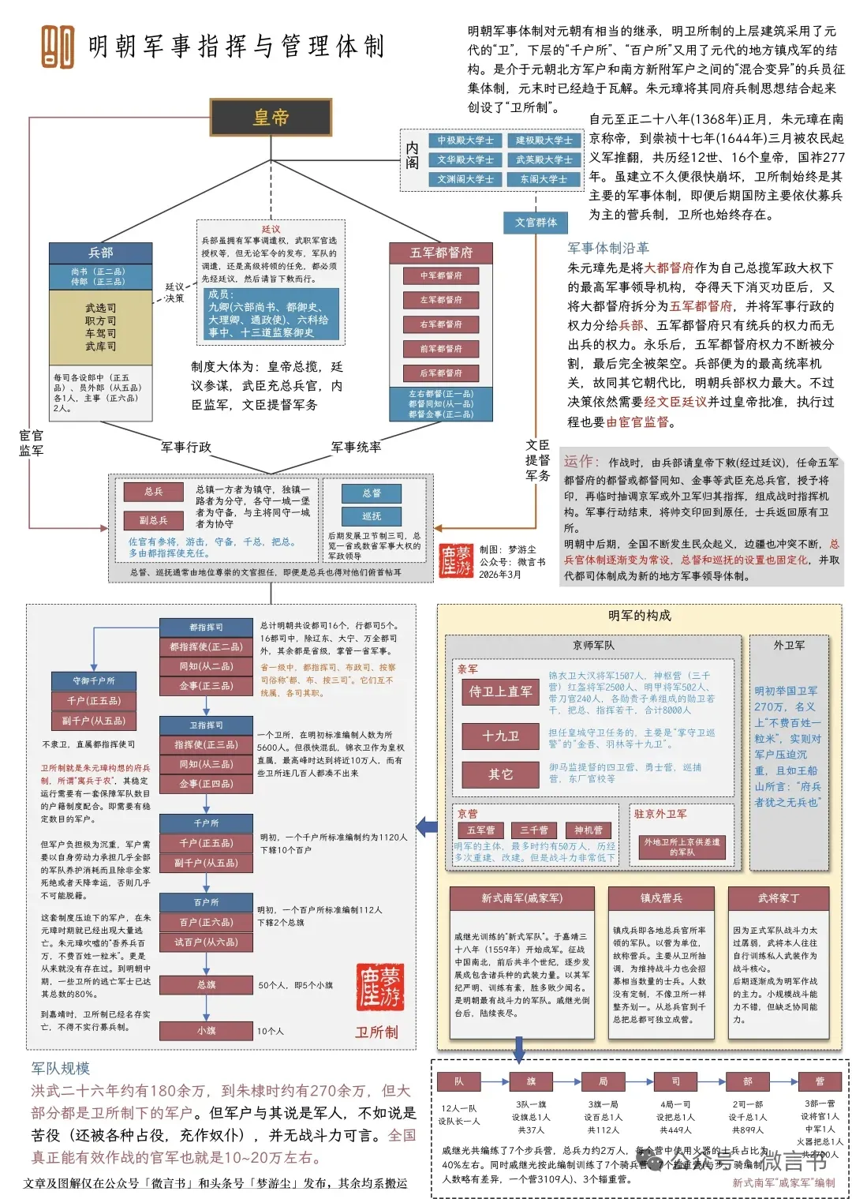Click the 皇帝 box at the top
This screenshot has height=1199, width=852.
pyautogui.click(x=271, y=117)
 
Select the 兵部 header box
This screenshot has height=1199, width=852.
pyautogui.click(x=100, y=253)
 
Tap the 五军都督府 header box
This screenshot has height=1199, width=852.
pyautogui.click(x=440, y=253)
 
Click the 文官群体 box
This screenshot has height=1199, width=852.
pyautogui.click(x=536, y=223)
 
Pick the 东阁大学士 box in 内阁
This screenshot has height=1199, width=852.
pyautogui.click(x=544, y=179)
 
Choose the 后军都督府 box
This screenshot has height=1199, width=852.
pyautogui.click(x=441, y=373)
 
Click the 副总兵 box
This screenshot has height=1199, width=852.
pyautogui.click(x=153, y=520)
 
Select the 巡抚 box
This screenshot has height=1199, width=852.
pyautogui.click(x=371, y=516)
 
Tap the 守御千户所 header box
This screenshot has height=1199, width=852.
pyautogui.click(x=94, y=680)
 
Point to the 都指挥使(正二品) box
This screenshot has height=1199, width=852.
pyautogui.click(x=206, y=646)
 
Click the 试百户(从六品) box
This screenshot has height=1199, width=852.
pyautogui.click(x=206, y=942)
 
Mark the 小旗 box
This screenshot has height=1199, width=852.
pyautogui.click(x=206, y=1030)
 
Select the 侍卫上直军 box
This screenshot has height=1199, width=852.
pyautogui.click(x=500, y=691)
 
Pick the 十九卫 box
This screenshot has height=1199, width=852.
pyautogui.click(x=500, y=736)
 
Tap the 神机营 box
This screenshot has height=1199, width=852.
pyautogui.click(x=588, y=830)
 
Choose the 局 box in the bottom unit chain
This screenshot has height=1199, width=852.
pyautogui.click(x=603, y=1081)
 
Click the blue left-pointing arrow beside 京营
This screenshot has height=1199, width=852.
pyautogui.click(x=427, y=826)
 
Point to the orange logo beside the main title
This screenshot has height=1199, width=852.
pyautogui.click(x=58, y=47)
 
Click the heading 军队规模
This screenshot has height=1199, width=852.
pyautogui.click(x=61, y=1068)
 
